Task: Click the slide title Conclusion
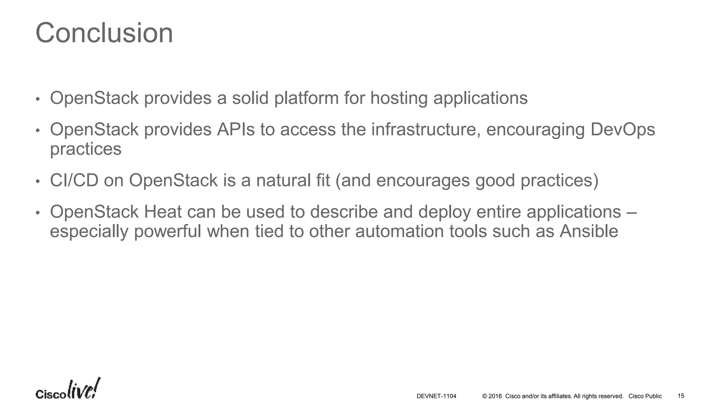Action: coord(104,33)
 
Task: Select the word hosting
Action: coord(399,98)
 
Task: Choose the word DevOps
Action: coord(622,129)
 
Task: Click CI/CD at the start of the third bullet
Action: coord(74,180)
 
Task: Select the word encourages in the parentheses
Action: coord(423,180)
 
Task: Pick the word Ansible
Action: coord(589,231)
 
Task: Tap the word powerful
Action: coord(167,231)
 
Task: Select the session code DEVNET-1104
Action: coord(436,396)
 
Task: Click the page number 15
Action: coord(681,396)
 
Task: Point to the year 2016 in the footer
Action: coord(495,396)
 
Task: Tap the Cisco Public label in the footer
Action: coord(645,396)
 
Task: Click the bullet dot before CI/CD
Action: coord(38,181)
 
